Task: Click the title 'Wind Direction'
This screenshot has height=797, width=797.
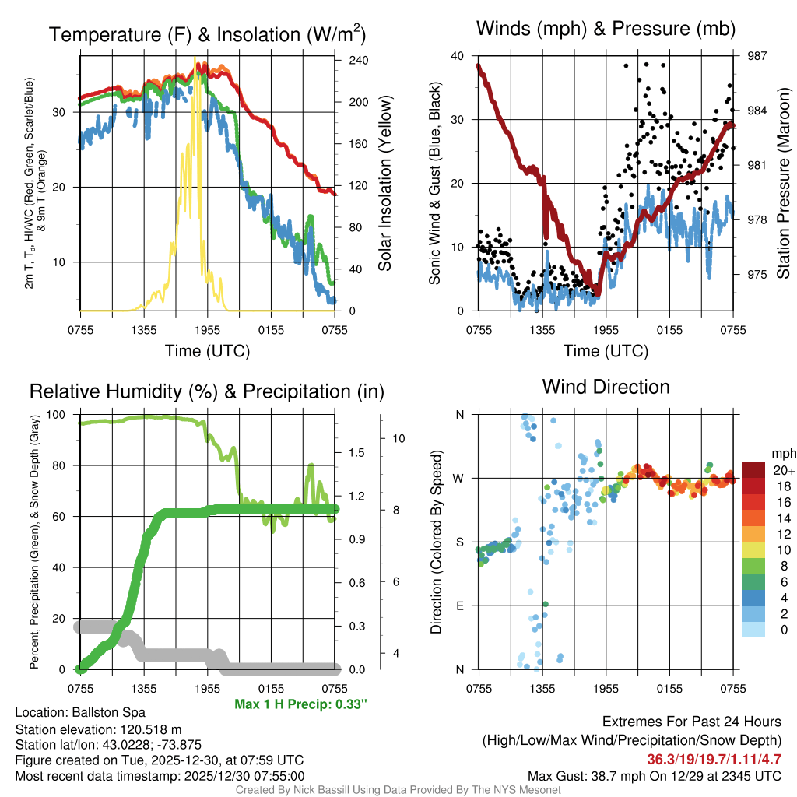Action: click(606, 387)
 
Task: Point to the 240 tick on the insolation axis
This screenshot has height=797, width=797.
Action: click(357, 61)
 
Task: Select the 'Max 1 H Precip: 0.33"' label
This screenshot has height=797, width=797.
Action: click(300, 704)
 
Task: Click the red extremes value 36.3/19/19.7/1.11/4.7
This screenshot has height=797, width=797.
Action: click(714, 759)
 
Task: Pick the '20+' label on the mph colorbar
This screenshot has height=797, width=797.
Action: click(782, 470)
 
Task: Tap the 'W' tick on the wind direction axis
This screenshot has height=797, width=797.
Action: click(460, 478)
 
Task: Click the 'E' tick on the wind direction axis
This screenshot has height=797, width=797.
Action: click(461, 606)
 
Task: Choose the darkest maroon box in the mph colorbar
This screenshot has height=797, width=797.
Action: click(753, 470)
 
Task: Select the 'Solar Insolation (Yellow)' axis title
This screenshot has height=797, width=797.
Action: click(384, 184)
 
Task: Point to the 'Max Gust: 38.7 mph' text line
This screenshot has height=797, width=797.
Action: click(654, 775)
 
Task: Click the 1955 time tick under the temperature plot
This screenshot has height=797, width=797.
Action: click(207, 330)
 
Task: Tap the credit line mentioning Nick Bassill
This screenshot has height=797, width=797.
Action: click(398, 790)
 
